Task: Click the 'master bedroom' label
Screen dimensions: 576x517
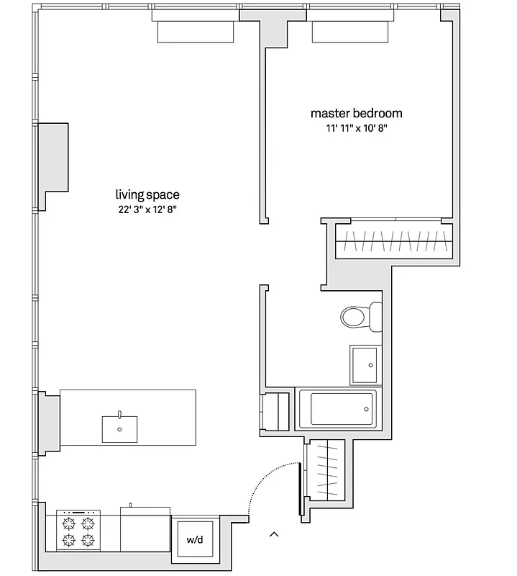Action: pyautogui.click(x=356, y=113)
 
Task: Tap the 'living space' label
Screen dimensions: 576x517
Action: pyautogui.click(x=147, y=194)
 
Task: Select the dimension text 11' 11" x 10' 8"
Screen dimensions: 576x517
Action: pyautogui.click(x=356, y=129)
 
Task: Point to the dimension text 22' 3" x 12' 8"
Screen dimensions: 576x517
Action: pyautogui.click(x=147, y=210)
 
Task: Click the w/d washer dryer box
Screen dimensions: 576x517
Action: pyautogui.click(x=194, y=539)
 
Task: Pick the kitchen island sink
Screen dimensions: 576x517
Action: pyautogui.click(x=120, y=428)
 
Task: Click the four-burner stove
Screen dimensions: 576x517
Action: pyautogui.click(x=78, y=531)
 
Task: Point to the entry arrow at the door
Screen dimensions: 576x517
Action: pyautogui.click(x=273, y=534)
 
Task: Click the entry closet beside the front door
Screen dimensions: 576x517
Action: pyautogui.click(x=326, y=475)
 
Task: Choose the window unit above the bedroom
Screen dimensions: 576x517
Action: pyautogui.click(x=352, y=32)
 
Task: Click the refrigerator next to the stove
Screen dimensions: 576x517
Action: pyautogui.click(x=145, y=530)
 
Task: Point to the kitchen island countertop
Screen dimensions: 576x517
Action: pyautogui.click(x=165, y=418)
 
